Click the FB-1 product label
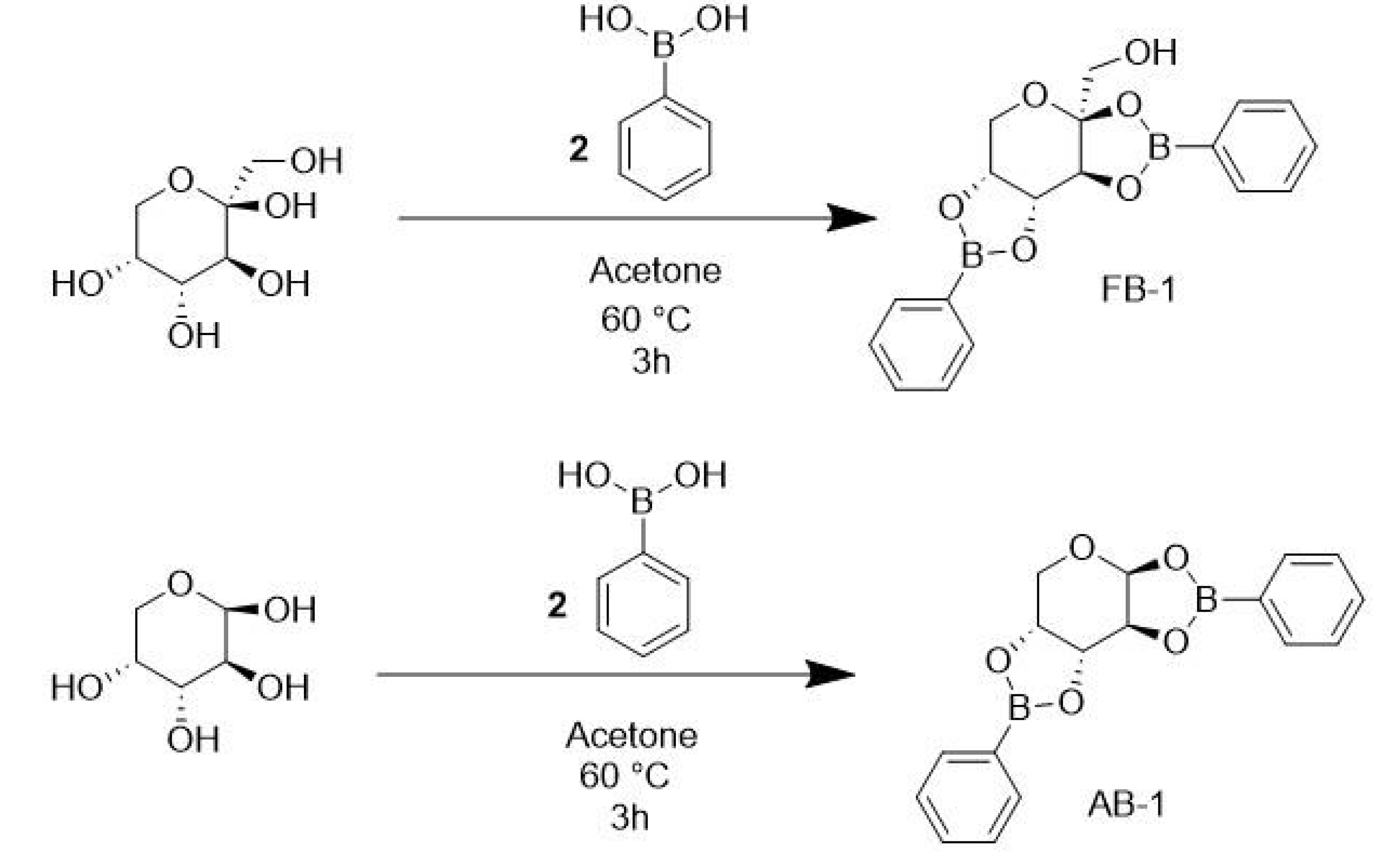coord(1137,289)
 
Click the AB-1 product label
coord(1126,805)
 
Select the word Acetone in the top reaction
coord(655,271)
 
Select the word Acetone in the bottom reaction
coord(631,735)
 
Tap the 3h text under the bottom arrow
coord(630,818)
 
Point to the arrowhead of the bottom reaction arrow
coord(831,675)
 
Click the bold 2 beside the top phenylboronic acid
coord(578,149)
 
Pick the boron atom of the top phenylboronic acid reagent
coord(664,45)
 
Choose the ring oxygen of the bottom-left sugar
coord(181,584)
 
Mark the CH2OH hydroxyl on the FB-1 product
coord(1150,53)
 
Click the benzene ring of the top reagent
coord(664,149)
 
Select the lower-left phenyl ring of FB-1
coord(921,345)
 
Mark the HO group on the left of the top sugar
coord(77,284)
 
